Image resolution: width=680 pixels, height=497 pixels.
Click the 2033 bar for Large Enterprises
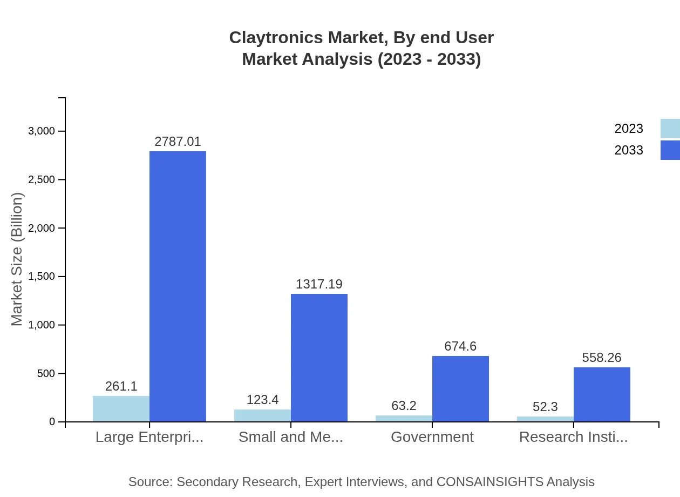178,286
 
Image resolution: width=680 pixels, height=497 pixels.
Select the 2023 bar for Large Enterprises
121,409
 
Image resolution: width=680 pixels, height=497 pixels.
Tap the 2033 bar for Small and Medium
319,358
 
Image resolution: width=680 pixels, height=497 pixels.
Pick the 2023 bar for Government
404,418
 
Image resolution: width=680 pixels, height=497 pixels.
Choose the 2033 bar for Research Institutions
602,394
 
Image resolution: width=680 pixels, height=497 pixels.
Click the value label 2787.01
178,142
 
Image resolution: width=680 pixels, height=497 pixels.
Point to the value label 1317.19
319,284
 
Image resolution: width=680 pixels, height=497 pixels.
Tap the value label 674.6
460,346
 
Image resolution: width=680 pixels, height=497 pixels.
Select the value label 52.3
545,407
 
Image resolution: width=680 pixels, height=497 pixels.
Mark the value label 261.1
121,386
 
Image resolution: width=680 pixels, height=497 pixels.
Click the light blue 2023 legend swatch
670,129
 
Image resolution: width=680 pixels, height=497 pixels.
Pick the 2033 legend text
629,150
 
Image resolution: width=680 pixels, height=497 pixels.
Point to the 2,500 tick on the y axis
42,179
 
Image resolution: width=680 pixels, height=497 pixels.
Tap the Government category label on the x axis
432,436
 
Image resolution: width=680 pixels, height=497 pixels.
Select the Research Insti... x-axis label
573,436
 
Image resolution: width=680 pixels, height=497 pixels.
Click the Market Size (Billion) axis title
17,259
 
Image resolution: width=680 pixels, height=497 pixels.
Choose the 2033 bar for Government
460,389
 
